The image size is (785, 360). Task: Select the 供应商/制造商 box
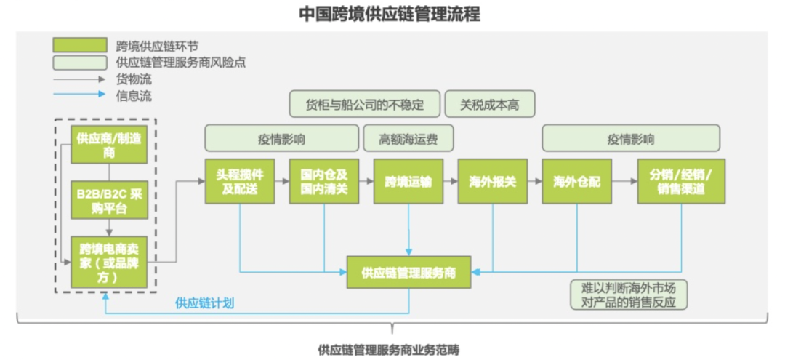[108, 144]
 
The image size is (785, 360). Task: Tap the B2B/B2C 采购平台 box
[109, 201]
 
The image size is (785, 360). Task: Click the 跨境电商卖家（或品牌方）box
[109, 260]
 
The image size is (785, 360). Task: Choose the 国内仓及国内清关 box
[324, 182]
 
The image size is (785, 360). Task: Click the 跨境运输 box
[408, 182]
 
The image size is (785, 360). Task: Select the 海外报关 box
[492, 182]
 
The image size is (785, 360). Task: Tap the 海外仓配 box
[577, 182]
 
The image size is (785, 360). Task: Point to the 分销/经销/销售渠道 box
[681, 182]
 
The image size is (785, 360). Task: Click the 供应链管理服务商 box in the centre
[408, 273]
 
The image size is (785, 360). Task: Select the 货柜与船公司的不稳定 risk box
[365, 104]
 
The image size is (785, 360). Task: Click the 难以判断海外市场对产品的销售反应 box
[629, 295]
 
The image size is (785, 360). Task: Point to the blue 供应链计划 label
[204, 303]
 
